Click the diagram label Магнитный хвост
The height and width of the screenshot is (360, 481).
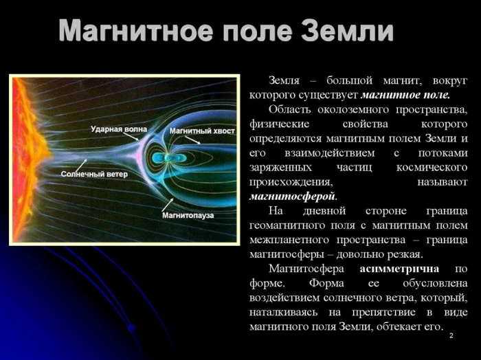tap(202, 131)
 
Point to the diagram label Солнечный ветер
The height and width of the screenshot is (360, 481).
tap(94, 175)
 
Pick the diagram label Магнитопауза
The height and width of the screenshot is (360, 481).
tap(188, 215)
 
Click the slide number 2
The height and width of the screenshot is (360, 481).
tap(451, 335)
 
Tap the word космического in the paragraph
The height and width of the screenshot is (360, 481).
tap(432, 167)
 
